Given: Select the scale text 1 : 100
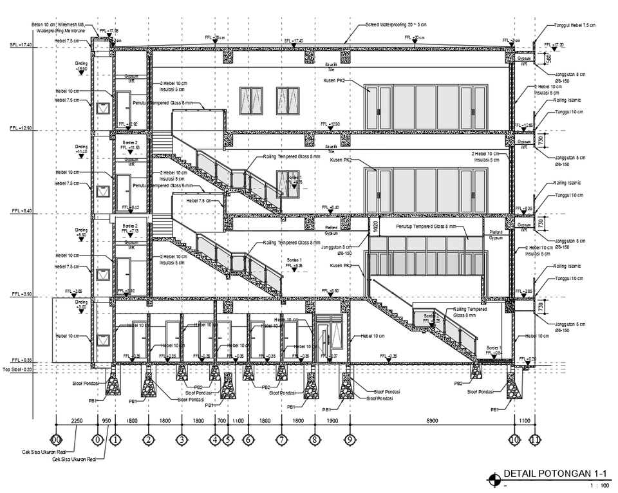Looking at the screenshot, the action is (599, 485).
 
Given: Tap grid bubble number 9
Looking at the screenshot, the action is (348, 440).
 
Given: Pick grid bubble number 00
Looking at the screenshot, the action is (56, 440).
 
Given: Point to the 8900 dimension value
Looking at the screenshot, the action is (431, 420).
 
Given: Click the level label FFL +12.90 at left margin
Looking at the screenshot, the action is (21, 129).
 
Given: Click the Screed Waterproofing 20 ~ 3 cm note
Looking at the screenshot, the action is (396, 24).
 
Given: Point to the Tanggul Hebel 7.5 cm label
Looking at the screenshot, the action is (577, 26).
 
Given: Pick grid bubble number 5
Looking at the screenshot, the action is (228, 440).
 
